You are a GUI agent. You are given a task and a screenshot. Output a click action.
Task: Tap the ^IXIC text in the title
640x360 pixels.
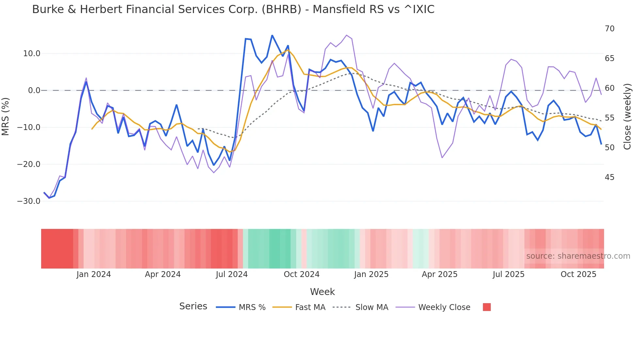tap(419, 9)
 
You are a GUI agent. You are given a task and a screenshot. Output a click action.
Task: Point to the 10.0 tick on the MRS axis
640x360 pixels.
tap(32, 54)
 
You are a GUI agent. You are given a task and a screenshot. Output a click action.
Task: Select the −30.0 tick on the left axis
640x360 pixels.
tap(29, 201)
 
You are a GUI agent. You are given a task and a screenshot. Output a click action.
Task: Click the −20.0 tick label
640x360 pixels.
tap(29, 164)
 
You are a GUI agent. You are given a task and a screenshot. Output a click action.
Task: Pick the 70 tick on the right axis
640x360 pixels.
tap(610, 29)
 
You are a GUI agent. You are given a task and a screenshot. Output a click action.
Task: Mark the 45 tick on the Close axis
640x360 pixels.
tap(610, 177)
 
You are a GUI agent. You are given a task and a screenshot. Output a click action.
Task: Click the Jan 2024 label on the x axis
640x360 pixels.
tap(94, 274)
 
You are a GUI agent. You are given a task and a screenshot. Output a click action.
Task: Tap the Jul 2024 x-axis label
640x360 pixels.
tap(232, 274)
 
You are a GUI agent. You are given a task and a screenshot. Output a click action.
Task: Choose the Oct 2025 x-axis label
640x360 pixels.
tap(578, 274)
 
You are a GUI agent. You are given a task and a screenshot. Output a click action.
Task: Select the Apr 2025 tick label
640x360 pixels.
tap(440, 274)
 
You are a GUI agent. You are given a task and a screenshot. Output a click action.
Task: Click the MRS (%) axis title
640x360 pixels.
tap(6, 116)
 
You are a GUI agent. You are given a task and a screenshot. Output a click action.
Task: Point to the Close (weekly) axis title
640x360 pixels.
tap(627, 117)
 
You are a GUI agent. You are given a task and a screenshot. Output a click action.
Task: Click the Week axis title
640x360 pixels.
tap(322, 292)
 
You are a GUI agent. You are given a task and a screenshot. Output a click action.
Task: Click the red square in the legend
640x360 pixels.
tap(487, 307)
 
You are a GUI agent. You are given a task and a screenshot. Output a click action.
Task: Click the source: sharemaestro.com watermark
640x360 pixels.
tap(578, 256)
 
